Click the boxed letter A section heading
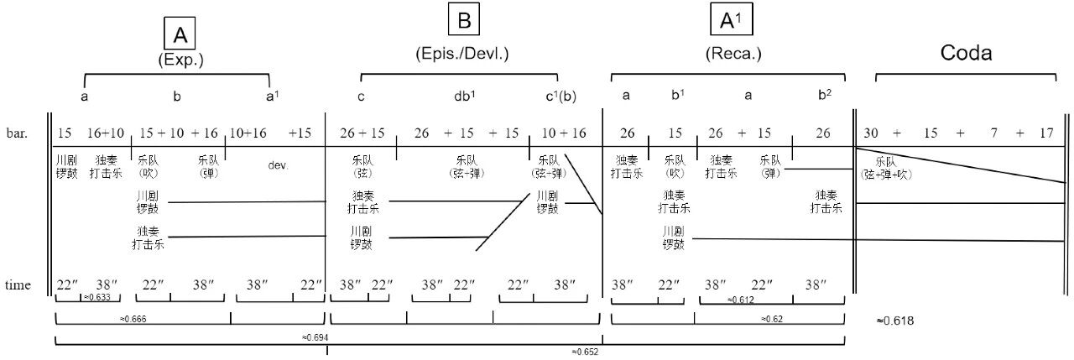point(180,34)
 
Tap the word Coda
point(966,53)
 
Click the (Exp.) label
point(180,60)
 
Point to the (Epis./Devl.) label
point(462,54)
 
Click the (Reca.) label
point(733,54)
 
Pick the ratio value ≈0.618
point(894,321)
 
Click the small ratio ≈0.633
point(97,298)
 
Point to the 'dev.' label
point(278,165)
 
